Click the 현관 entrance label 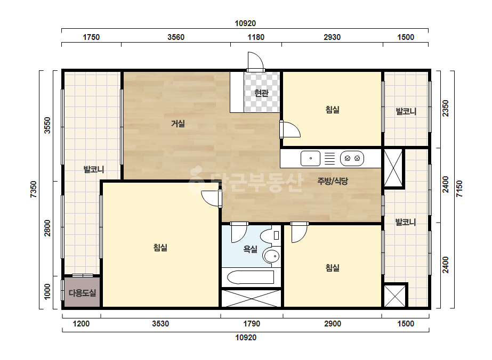pos(261,93)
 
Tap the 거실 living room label pos(178,124)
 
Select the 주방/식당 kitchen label pos(333,181)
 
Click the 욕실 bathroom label pos(251,249)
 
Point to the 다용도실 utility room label pos(82,293)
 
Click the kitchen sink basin pos(310,158)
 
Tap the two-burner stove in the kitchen pos(352,158)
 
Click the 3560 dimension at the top pos(176,37)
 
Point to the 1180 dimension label pos(256,37)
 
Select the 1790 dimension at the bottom pos(252,324)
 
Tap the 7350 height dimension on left pos(34,189)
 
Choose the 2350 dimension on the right pos(445,108)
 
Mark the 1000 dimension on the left pos(47,292)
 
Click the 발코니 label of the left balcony pos(93,170)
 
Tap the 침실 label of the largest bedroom pos(160,248)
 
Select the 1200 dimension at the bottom pos(81,324)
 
